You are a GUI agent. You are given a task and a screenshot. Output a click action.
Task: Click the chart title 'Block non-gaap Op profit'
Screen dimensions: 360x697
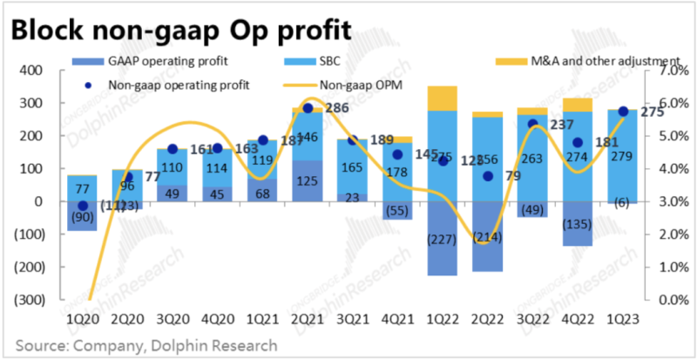tap(181, 30)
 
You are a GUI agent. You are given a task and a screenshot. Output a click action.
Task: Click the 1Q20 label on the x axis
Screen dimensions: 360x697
tap(82, 318)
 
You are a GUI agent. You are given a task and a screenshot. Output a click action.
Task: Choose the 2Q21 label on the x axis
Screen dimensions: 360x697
tap(307, 318)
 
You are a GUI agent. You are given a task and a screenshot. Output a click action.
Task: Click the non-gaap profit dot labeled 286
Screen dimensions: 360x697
tap(307, 108)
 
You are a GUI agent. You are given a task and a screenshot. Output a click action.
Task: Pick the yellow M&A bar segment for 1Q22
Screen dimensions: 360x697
tap(443, 98)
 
